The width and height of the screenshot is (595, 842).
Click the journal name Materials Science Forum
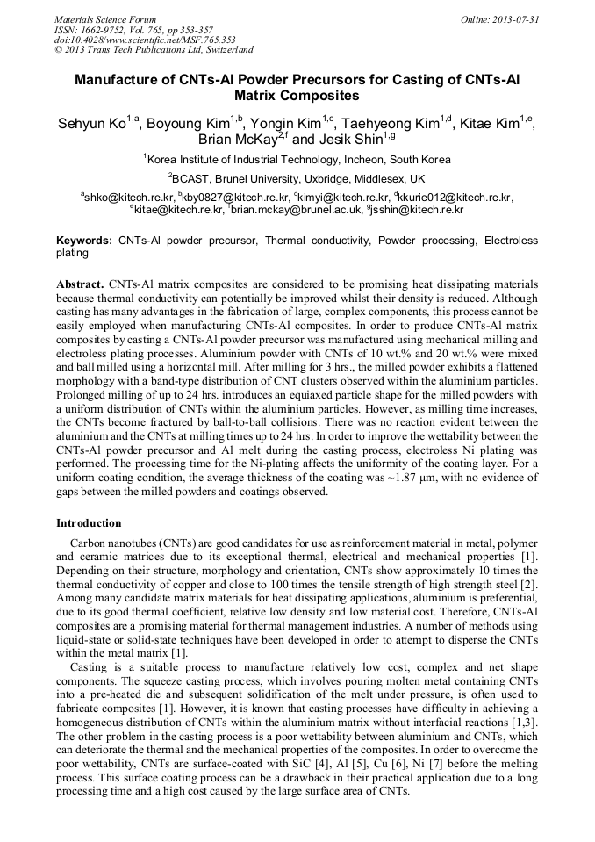click(x=105, y=18)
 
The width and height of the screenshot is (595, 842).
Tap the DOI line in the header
click(x=145, y=40)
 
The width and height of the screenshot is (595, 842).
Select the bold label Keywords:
click(x=84, y=240)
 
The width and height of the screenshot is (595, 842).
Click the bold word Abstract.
click(x=80, y=285)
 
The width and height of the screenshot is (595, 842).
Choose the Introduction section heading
click(x=90, y=523)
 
